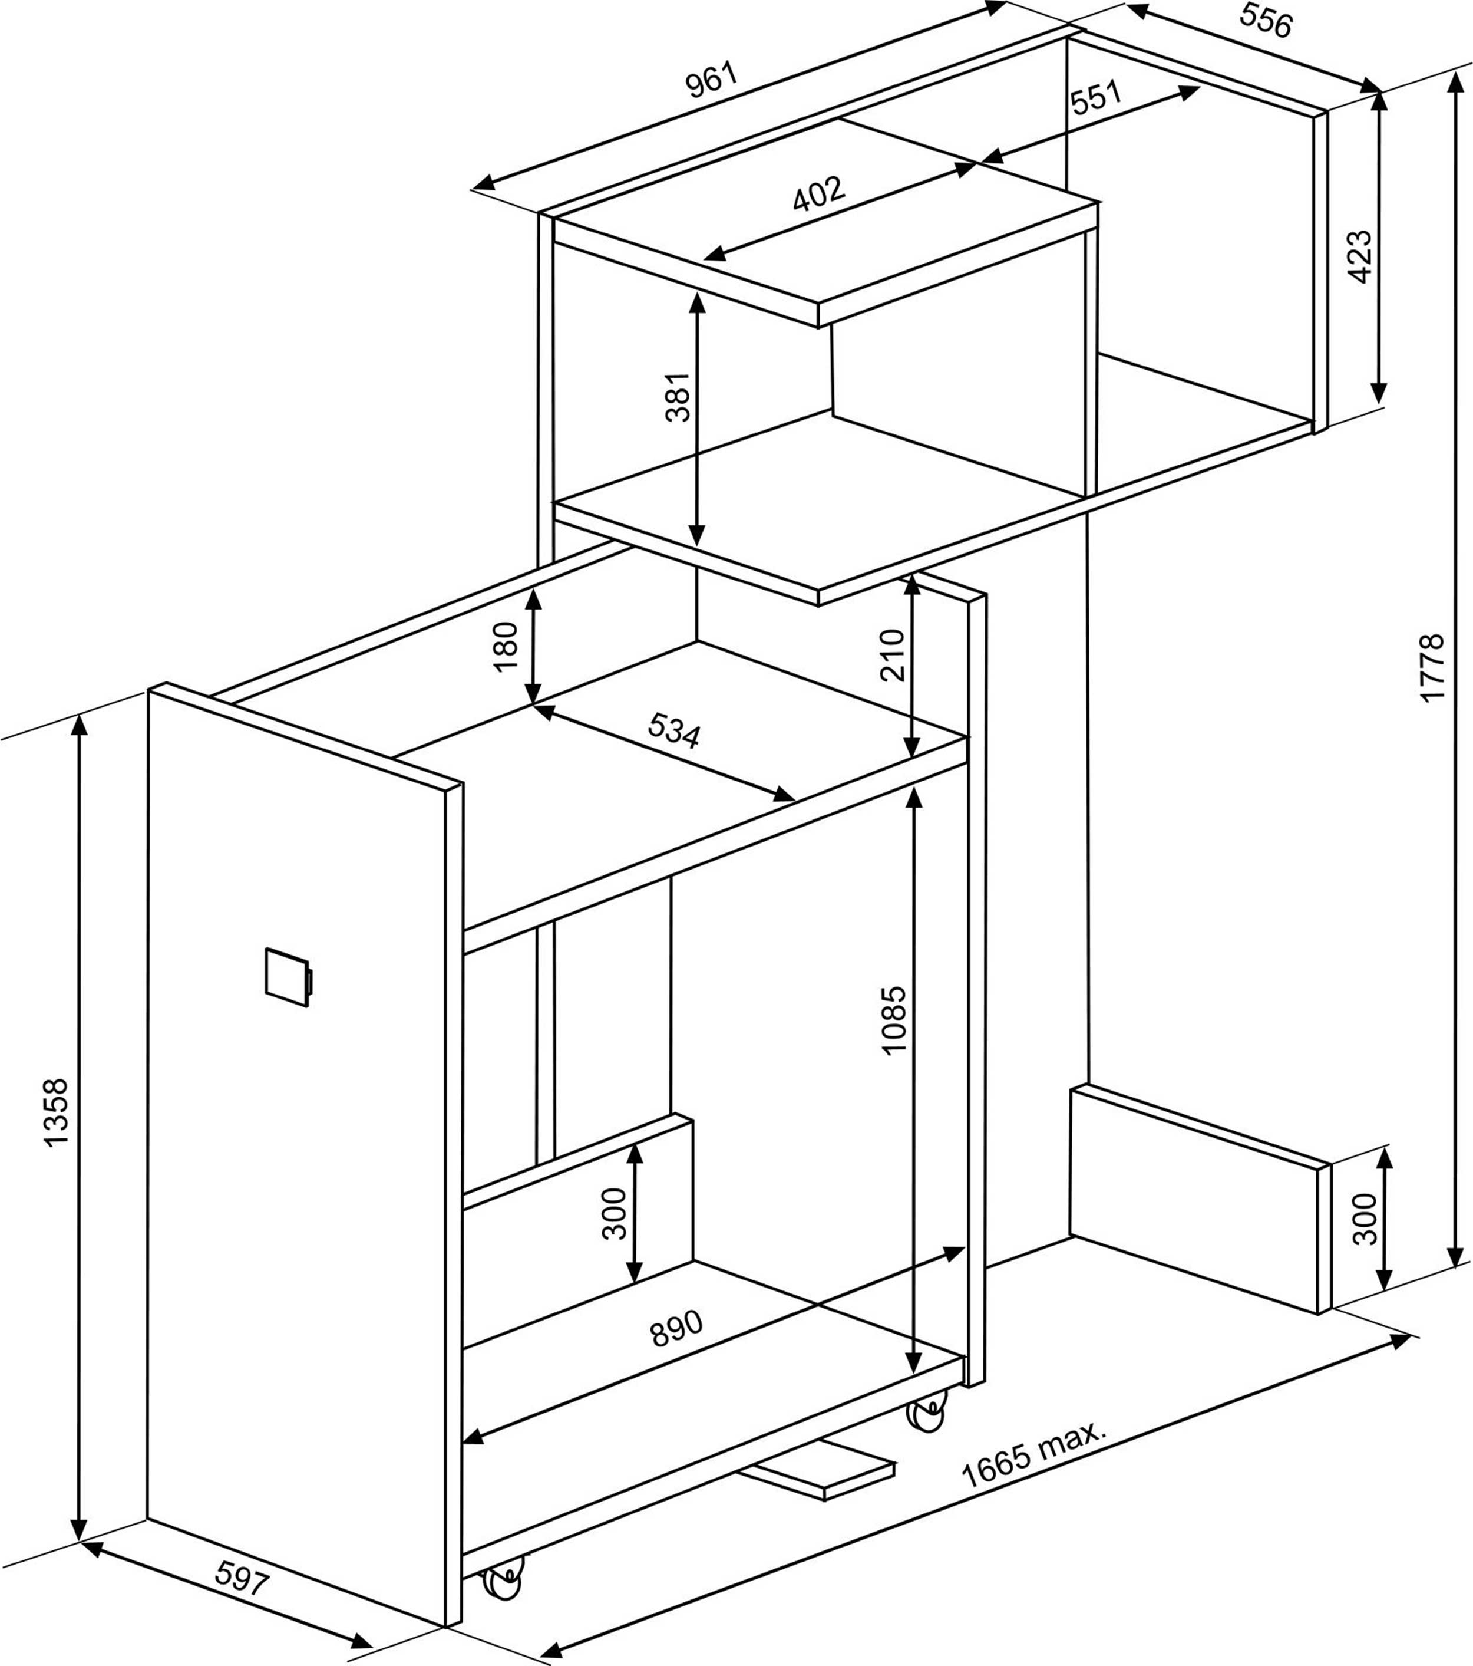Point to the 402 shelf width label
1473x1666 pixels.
[x=819, y=194]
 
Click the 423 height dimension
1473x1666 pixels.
[x=1359, y=257]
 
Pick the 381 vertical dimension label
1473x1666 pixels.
[x=678, y=397]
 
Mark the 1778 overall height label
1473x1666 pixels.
[x=1431, y=666]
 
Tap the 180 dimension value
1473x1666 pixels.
[x=506, y=646]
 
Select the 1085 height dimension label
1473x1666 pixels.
[x=894, y=1020]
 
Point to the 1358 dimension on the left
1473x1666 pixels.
[x=55, y=1112]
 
